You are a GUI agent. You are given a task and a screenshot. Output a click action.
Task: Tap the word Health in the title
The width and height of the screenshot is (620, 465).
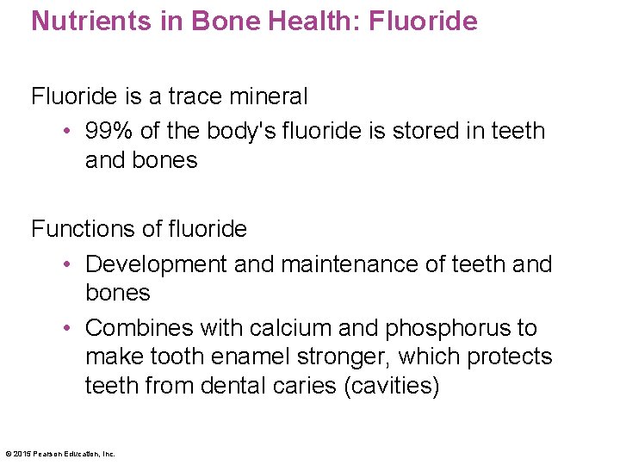[x=303, y=21]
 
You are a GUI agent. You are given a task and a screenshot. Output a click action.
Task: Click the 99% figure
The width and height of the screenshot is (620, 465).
[x=107, y=131]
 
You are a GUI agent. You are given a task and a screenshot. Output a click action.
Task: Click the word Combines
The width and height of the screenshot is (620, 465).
[x=139, y=328]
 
